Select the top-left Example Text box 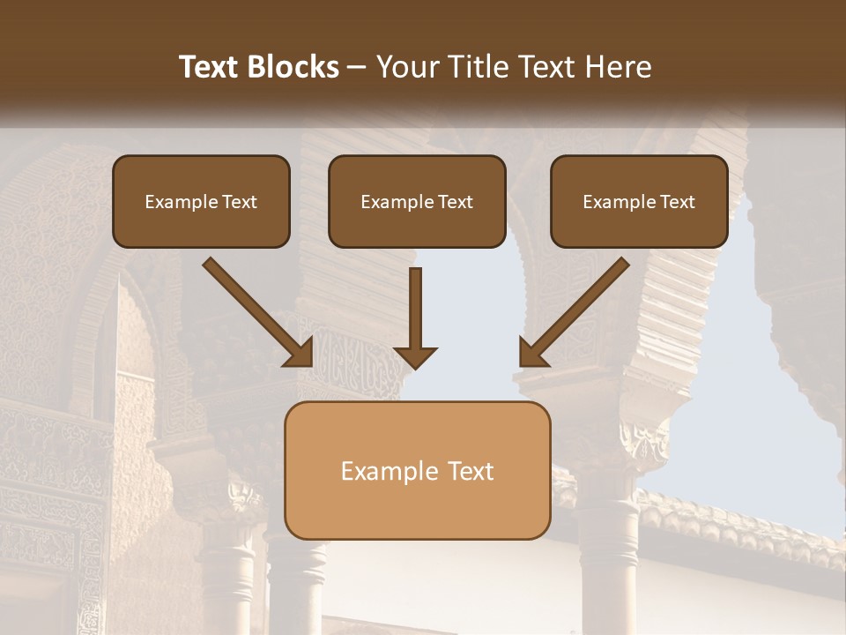tap(201, 201)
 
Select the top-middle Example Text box tap(417, 201)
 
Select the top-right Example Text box tap(639, 201)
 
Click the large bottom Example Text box tap(417, 470)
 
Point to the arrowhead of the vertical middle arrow tap(415, 356)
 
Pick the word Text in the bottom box tap(471, 471)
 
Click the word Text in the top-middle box tap(455, 202)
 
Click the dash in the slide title tap(357, 68)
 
